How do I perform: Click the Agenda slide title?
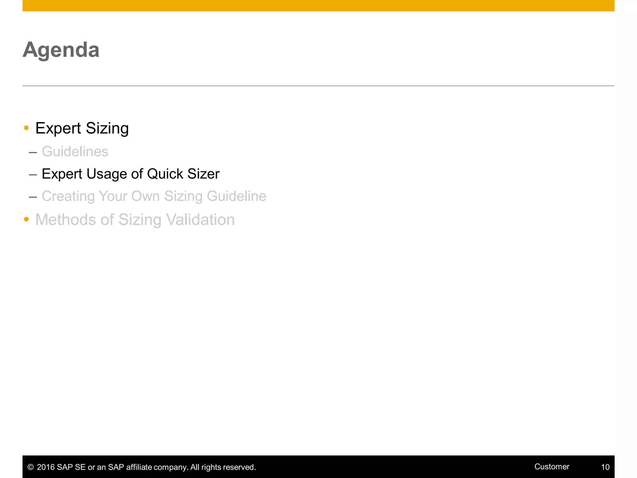pos(61,50)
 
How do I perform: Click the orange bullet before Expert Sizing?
pos(26,128)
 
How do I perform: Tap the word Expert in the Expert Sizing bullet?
pos(58,129)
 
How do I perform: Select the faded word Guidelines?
pos(75,152)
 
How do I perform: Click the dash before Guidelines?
pos(33,152)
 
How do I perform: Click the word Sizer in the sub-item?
pos(203,174)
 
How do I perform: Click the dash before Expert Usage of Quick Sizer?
pos(33,175)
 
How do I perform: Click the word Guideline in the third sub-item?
pos(236,196)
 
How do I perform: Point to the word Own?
pos(145,196)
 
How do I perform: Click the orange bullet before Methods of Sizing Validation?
pos(26,219)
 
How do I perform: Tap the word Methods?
pos(66,220)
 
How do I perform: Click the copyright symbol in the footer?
pos(30,467)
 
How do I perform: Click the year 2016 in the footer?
pos(46,467)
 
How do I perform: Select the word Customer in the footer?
pos(552,466)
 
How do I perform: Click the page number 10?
pos(605,467)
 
